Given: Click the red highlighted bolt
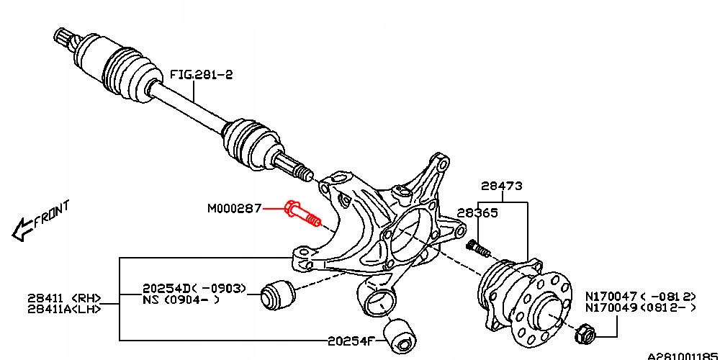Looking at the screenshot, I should click(x=302, y=213).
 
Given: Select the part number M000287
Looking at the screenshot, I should click(x=235, y=209).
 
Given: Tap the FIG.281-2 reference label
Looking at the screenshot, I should click(x=202, y=74).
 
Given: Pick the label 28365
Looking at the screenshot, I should click(x=477, y=214).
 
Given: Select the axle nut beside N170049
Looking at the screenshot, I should click(x=585, y=333).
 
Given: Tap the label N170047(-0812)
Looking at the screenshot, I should click(x=640, y=296).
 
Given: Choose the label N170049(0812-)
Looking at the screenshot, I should click(x=640, y=308).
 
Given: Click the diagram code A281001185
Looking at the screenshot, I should click(x=682, y=356).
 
